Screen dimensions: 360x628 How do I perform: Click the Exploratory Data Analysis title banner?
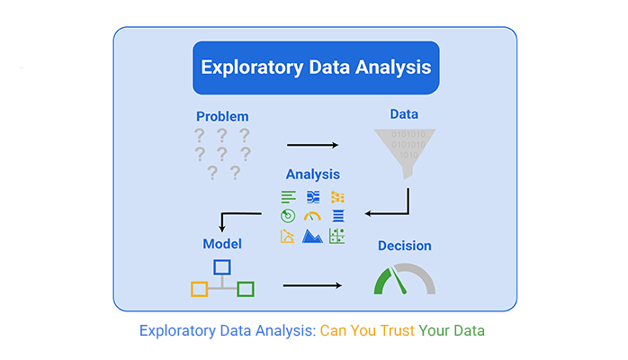315,67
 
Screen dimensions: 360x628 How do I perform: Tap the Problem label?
222,116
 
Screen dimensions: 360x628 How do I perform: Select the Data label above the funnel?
404,114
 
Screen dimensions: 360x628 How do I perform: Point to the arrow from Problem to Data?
312,144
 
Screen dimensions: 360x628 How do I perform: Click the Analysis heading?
313,174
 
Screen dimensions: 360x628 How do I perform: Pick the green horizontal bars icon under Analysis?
288,196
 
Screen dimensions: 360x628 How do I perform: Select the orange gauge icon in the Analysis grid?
312,216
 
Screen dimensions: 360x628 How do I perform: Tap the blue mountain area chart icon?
312,236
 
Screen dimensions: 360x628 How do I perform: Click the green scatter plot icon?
337,236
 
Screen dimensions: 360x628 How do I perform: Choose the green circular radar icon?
288,216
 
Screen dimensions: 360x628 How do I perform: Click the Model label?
221,244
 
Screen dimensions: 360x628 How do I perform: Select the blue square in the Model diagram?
221,266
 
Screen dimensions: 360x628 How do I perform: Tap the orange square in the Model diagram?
200,289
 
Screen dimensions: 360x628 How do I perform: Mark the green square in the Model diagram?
245,289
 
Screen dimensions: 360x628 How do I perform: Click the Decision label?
404,246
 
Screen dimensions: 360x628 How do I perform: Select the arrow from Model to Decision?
311,286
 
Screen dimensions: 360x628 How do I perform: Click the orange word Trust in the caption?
398,331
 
